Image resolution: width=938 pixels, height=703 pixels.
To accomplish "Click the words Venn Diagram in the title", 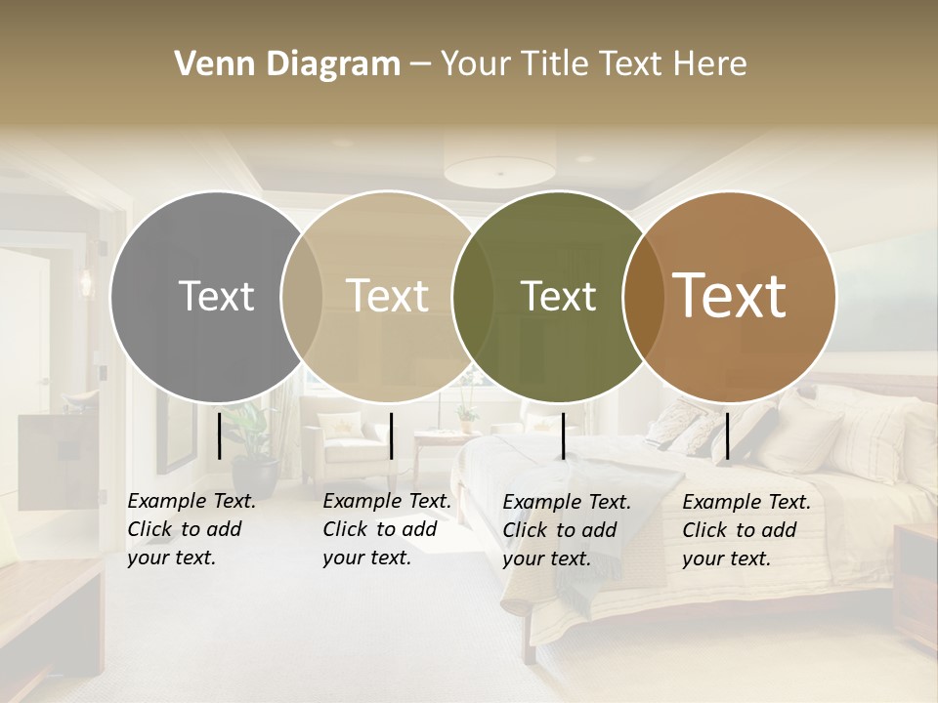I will [286, 64].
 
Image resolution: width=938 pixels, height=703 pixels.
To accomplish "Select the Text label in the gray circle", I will [216, 296].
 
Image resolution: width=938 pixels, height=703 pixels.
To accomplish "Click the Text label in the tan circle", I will [388, 296].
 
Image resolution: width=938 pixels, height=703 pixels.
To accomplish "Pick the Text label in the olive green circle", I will [558, 296].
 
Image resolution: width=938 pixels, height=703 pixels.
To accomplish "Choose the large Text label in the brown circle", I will [730, 296].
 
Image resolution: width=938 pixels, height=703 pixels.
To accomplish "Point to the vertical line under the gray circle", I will [219, 435].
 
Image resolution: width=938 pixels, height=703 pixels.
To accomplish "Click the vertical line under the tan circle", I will [391, 435].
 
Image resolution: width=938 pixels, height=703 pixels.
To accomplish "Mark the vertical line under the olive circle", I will [563, 435].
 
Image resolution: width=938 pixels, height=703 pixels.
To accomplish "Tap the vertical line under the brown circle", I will [727, 435].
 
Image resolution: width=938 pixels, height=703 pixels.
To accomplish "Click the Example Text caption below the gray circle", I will [191, 529].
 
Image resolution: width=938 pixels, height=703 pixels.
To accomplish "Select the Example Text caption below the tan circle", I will [386, 529].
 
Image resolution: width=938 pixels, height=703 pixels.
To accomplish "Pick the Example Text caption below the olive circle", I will [566, 530].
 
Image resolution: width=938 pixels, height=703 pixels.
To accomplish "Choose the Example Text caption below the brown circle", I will [746, 530].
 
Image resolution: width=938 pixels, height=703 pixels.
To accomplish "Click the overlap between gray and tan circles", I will [302, 296].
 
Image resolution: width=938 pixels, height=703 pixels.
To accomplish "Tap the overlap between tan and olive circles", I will [473, 296].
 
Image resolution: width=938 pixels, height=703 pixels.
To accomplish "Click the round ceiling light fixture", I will [499, 167].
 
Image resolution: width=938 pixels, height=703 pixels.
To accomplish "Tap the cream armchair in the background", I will [347, 439].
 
